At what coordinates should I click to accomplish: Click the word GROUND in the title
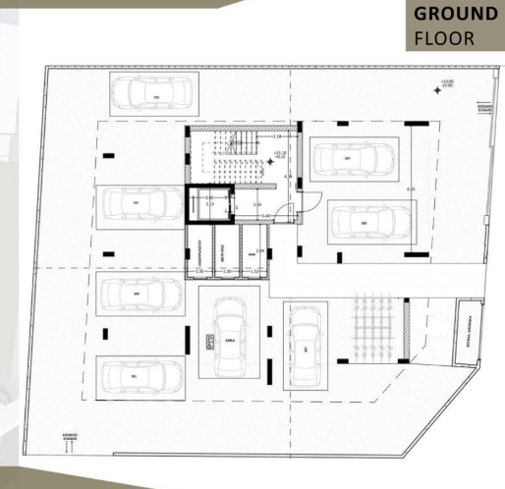click(x=455, y=15)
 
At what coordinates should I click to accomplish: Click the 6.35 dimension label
click(x=412, y=189)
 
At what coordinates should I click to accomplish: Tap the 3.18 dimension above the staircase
click(x=277, y=136)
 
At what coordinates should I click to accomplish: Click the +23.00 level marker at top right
click(x=448, y=85)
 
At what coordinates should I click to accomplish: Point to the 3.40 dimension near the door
click(x=264, y=214)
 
